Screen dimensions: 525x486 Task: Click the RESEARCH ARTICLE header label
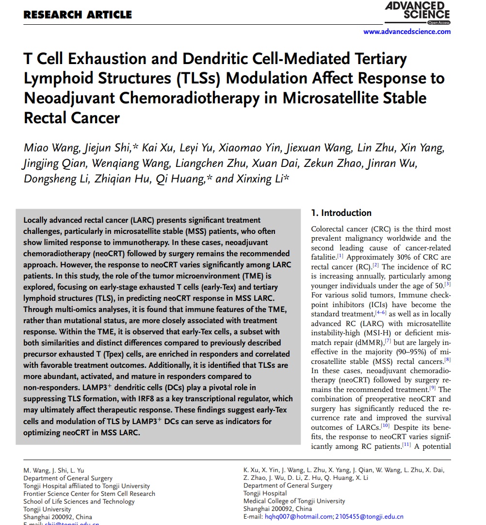tap(78, 15)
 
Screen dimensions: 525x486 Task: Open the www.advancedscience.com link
tap(407, 32)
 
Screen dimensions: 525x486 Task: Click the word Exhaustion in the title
tap(105, 59)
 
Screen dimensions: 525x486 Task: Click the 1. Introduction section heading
tap(341, 213)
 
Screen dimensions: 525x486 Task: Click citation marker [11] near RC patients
tap(407, 445)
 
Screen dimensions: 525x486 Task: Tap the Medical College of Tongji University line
tap(294, 501)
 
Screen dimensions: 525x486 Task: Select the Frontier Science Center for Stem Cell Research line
tap(89, 493)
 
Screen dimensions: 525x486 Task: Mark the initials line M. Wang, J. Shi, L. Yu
tap(54, 470)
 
